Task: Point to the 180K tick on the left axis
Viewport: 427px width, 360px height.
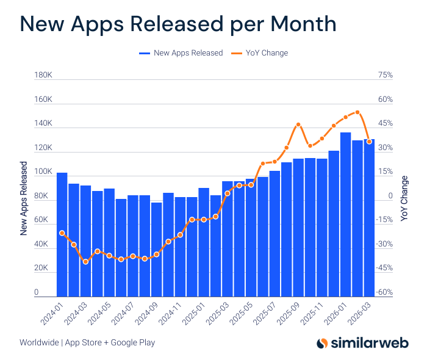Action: [43, 76]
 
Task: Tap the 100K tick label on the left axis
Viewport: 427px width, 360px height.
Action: [43, 173]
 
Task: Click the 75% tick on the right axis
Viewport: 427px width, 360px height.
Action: [386, 76]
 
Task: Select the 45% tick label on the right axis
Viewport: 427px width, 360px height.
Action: [386, 124]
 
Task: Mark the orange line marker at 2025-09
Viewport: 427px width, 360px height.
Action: [298, 124]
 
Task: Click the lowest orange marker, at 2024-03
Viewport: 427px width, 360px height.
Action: [85, 262]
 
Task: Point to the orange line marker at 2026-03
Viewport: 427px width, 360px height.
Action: [369, 142]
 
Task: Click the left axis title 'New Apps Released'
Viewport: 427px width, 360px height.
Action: [24, 198]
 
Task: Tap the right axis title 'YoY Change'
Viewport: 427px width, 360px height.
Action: [404, 198]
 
